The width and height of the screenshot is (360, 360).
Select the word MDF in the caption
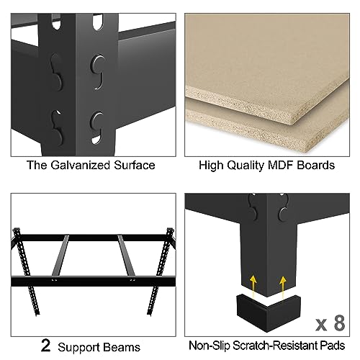283,165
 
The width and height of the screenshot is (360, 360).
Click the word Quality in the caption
243,165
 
